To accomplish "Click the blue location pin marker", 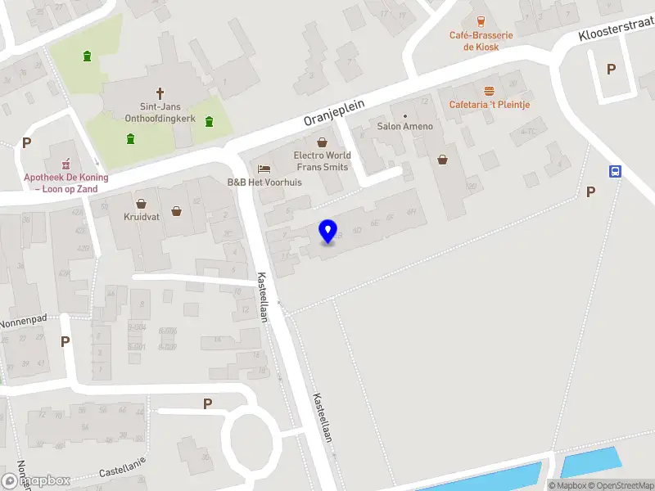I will [327, 231].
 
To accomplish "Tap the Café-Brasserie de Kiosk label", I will [481, 41].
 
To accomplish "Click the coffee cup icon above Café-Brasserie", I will [481, 21].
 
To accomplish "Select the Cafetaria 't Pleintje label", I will [490, 105].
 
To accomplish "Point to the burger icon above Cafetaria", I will [490, 90].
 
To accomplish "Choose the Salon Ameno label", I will [404, 127].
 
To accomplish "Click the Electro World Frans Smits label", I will [322, 160].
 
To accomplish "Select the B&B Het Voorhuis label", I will [264, 182].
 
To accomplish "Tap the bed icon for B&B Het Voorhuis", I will [264, 168].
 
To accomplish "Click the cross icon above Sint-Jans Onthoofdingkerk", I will [160, 93].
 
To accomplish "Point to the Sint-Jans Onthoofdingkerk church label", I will [160, 112].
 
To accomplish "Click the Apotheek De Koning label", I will [65, 182].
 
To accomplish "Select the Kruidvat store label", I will [141, 218].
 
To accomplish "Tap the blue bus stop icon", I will [615, 171].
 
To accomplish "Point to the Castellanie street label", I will [122, 468].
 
